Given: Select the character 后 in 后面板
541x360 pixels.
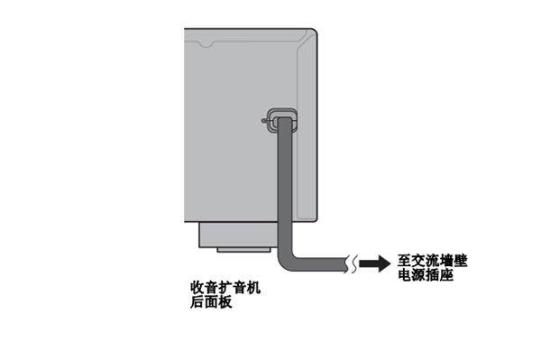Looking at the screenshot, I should [197, 304].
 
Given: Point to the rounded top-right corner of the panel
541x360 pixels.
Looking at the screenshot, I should [312, 34].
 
